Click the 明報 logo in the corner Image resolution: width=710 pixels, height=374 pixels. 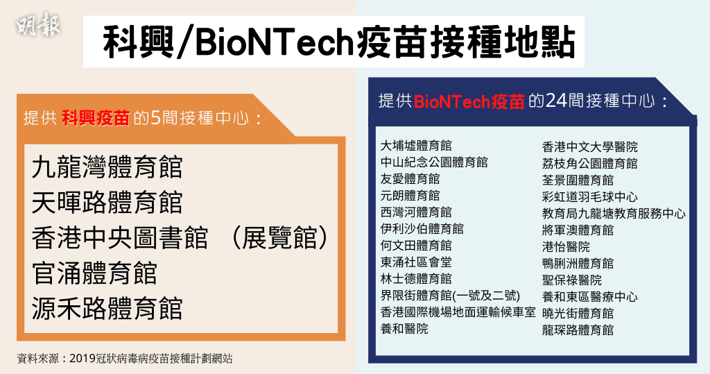(38, 26)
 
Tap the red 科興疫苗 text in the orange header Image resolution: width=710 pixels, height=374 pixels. (96, 118)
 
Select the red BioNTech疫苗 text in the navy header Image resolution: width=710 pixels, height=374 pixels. (469, 101)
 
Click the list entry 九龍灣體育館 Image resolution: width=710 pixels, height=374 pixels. (107, 167)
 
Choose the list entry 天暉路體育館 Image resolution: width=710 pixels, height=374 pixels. (107, 202)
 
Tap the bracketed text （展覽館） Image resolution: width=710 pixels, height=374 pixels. (279, 237)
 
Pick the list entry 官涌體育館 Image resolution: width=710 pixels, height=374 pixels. (94, 273)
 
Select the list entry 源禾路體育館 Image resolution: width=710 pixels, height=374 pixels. (107, 308)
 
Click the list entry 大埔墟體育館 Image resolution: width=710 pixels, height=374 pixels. (416, 146)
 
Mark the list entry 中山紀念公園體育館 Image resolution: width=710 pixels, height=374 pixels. (434, 162)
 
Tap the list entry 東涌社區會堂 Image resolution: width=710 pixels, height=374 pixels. (416, 262)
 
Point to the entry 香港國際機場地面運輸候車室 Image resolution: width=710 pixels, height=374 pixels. (458, 312)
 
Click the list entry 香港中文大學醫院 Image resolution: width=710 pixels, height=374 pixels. (589, 147)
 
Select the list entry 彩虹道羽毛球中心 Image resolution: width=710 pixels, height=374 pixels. (589, 197)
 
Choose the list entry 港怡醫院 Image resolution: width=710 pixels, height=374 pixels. (566, 246)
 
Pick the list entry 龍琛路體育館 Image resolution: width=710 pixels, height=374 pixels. (578, 330)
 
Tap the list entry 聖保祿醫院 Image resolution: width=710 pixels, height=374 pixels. (572, 280)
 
